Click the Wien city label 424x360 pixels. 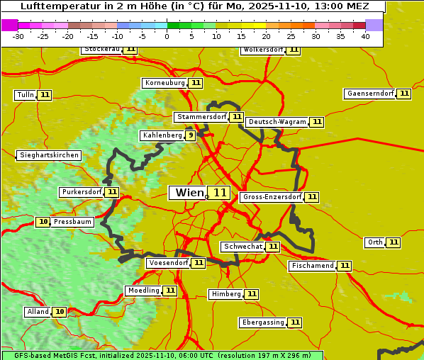189,193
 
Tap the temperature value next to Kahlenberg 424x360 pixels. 191,135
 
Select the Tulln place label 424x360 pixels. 25,95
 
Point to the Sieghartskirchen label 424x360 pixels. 48,155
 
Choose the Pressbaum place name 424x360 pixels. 72,222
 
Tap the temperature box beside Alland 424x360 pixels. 60,312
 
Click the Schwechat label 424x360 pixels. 242,247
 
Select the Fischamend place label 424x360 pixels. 312,266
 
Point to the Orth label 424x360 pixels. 375,242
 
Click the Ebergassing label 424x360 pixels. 262,322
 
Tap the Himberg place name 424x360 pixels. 226,294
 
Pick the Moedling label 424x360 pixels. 143,291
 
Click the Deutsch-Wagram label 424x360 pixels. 277,122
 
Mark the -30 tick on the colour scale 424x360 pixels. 18,36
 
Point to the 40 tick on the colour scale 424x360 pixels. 365,36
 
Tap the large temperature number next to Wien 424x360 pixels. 220,193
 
